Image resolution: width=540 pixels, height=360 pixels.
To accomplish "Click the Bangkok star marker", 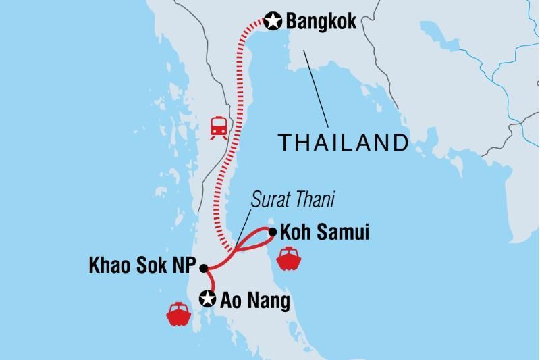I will (273, 22).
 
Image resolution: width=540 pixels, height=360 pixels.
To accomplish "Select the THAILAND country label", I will (344, 143).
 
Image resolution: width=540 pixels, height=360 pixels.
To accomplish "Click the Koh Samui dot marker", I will (272, 233).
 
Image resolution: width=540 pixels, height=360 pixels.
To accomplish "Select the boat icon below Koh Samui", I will (288, 259).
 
